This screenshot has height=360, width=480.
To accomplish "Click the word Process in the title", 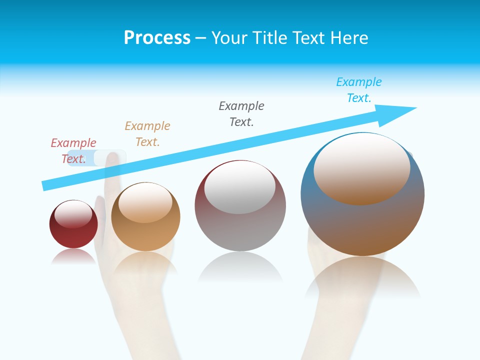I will (157, 38).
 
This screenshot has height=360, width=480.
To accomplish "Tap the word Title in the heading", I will (268, 38).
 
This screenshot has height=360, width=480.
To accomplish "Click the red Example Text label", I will (73, 151).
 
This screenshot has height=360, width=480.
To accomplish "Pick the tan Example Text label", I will (147, 134).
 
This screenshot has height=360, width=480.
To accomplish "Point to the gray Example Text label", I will (241, 114).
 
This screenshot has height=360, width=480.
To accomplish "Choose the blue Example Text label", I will (359, 90).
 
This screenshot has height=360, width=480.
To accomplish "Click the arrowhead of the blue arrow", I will (400, 112).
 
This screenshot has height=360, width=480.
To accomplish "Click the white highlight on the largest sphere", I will (361, 167).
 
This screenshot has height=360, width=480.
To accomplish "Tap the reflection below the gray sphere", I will (240, 267).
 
